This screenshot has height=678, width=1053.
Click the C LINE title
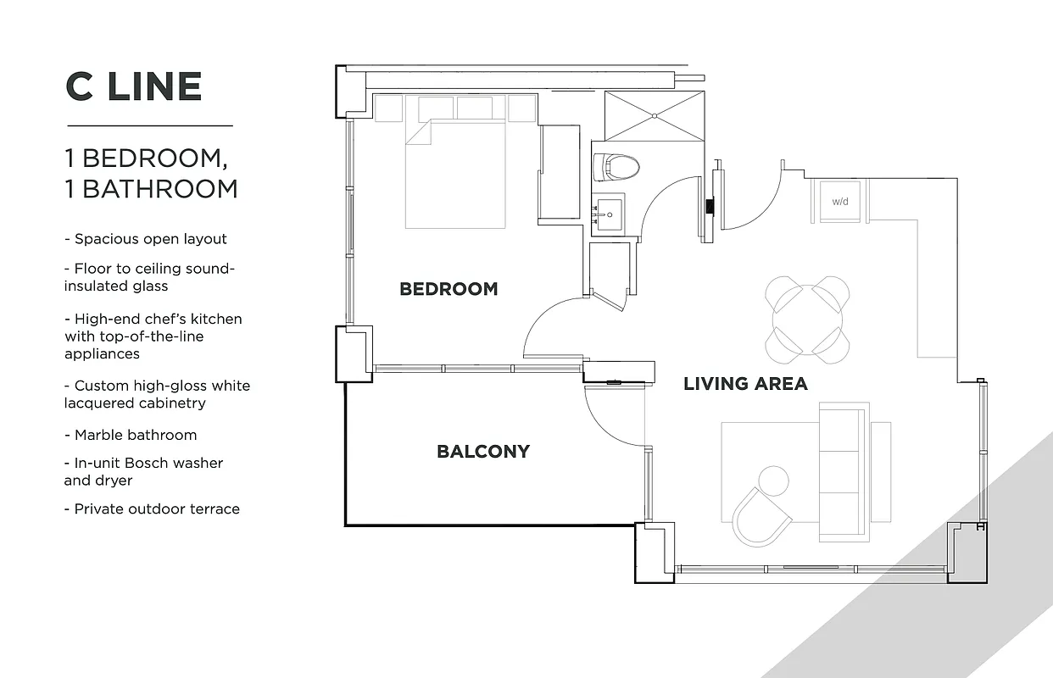tap(134, 86)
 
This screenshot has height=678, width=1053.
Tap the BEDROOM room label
tap(448, 289)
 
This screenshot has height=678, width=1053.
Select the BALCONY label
tap(482, 452)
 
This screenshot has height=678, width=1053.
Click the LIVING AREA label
tap(745, 384)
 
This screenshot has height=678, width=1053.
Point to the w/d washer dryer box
tap(839, 202)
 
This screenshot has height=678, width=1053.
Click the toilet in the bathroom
tap(616, 166)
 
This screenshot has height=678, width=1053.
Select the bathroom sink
tap(607, 215)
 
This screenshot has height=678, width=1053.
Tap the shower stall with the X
tap(654, 116)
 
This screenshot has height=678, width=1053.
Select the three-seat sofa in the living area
tap(844, 474)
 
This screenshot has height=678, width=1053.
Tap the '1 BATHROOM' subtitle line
tap(152, 188)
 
